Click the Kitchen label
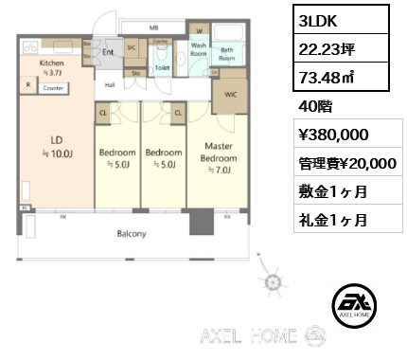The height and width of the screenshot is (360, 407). click(x=51, y=64)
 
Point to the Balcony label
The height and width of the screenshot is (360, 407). click(x=131, y=232)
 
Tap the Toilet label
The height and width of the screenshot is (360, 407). click(x=162, y=68)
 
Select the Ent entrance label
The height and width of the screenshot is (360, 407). click(x=109, y=52)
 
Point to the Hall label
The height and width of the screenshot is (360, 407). click(x=110, y=85)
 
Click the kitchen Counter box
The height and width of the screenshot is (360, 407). click(x=53, y=88)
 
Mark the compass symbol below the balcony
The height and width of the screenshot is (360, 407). click(x=274, y=281)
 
